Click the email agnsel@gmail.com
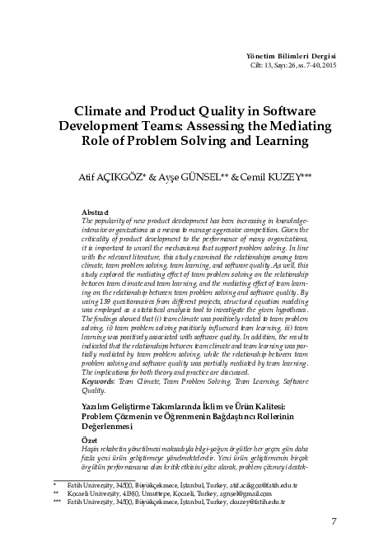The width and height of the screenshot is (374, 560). point(223,492)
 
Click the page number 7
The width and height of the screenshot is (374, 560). point(333,520)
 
